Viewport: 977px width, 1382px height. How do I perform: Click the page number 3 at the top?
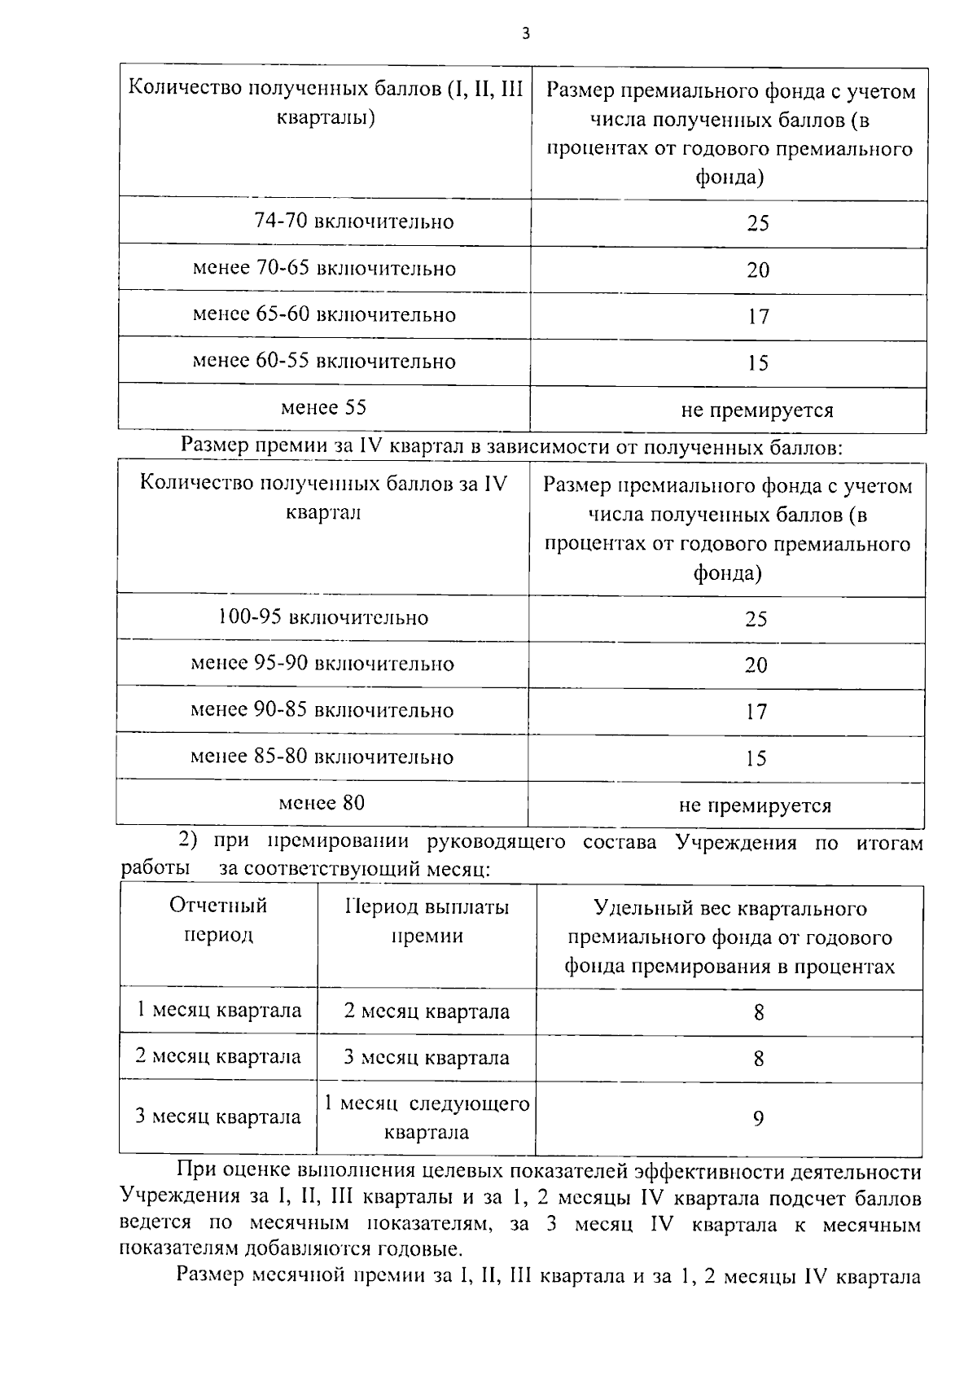point(525,33)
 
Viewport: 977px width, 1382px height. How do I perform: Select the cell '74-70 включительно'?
point(353,222)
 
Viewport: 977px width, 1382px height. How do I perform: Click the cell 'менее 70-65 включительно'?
point(324,268)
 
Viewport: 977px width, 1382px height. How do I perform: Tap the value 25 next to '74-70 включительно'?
point(757,223)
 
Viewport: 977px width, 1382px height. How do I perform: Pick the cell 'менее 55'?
point(323,407)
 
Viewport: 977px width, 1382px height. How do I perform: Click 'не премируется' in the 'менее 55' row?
point(756,410)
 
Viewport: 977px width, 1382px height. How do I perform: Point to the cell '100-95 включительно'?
point(322,617)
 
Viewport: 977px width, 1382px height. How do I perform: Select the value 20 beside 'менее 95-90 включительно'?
point(756,665)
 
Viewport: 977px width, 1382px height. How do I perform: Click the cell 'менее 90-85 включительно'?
point(322,709)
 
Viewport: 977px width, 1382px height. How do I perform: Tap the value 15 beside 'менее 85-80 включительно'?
point(756,758)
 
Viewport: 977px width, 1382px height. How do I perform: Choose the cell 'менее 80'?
point(322,803)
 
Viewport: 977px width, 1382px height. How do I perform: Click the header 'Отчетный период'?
point(218,920)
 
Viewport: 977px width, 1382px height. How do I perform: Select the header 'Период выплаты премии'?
point(427,921)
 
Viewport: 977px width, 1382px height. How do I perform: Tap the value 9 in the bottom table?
point(758,1118)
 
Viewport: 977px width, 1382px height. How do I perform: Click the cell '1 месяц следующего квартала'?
point(427,1117)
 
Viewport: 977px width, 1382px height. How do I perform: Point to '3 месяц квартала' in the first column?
point(218,1117)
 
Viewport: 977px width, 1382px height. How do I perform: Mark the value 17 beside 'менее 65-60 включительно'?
point(758,316)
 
